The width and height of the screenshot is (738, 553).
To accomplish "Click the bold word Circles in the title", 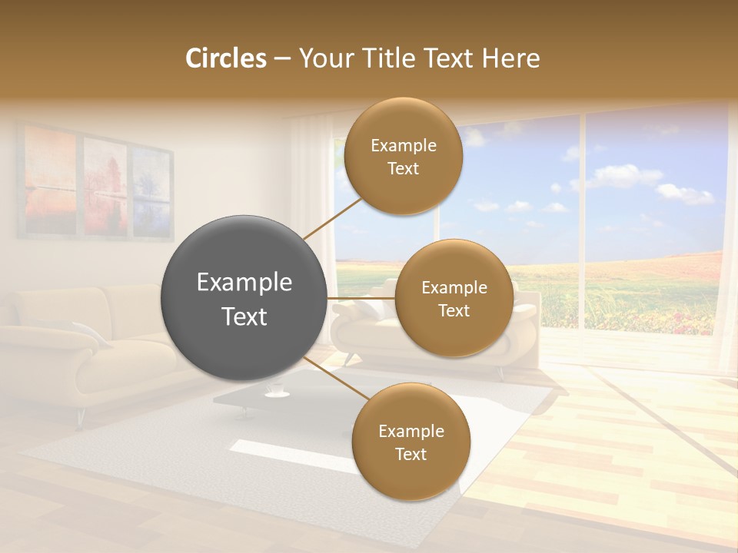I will pyautogui.click(x=226, y=58).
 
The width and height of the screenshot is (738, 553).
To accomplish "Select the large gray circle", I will pyautogui.click(x=244, y=298).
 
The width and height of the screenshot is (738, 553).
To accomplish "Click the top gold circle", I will pyautogui.click(x=404, y=156).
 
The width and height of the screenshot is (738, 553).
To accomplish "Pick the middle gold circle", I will pyautogui.click(x=454, y=298).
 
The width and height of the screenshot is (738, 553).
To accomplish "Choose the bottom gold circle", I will pyautogui.click(x=411, y=442).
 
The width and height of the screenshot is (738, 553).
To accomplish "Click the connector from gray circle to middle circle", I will pyautogui.click(x=361, y=298).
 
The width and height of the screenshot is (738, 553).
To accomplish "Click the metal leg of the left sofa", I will pyautogui.click(x=79, y=417).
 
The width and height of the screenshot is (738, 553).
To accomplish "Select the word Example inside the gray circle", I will pyautogui.click(x=244, y=283).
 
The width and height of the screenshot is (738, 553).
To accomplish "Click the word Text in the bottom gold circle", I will pyautogui.click(x=411, y=454).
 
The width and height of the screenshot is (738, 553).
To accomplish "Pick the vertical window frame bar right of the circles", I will pyautogui.click(x=582, y=223).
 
